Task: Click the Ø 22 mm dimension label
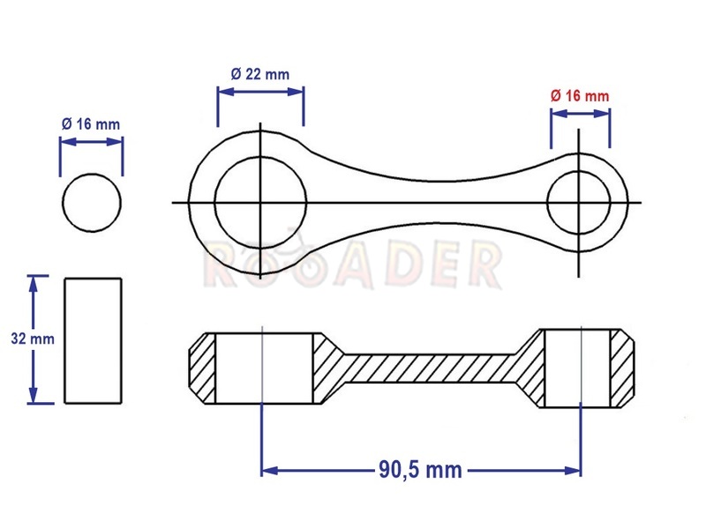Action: (x=260, y=74)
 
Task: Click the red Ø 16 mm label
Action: (x=580, y=96)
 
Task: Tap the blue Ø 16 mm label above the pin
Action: (x=91, y=124)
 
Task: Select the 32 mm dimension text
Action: (x=33, y=339)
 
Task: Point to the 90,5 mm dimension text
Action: (x=420, y=470)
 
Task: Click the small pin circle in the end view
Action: (x=63, y=203)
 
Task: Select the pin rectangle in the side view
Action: (x=64, y=340)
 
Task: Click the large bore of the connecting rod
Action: (x=214, y=203)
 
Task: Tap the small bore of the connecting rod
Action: (x=547, y=203)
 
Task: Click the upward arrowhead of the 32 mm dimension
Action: (x=33, y=283)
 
